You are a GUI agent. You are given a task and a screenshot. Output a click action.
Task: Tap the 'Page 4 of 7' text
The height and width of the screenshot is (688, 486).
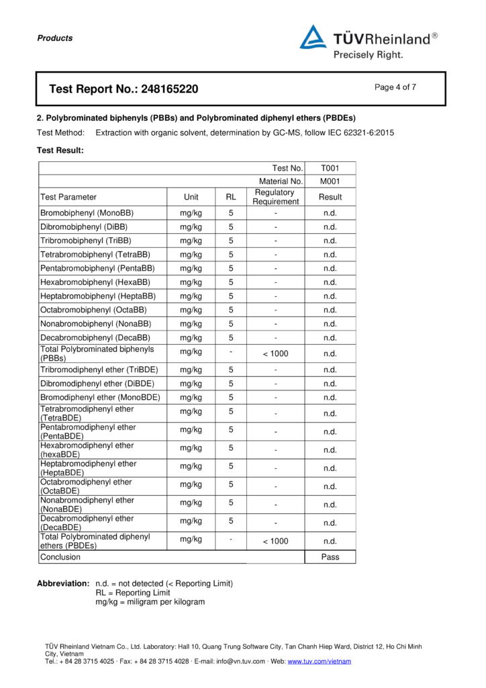point(395,87)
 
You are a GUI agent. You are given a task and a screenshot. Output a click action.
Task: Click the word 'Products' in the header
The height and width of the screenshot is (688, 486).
point(55,38)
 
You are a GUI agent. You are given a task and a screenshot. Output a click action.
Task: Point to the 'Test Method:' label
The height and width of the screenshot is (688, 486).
point(60,133)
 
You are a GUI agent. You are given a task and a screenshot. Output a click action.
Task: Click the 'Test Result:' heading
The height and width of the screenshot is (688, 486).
point(60,150)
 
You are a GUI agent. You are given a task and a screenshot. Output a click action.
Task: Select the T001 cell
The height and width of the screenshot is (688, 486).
point(330,169)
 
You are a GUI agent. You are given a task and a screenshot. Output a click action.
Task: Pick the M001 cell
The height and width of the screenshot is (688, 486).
point(330,181)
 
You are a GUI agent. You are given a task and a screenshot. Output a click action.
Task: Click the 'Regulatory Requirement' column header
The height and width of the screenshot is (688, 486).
point(275,197)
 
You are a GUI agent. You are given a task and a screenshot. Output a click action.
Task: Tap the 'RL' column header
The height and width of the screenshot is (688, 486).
point(231,197)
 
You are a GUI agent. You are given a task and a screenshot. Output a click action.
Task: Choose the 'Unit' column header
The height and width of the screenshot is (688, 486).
point(191,197)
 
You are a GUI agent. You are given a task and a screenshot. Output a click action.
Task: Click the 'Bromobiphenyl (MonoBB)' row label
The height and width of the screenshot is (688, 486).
point(87,213)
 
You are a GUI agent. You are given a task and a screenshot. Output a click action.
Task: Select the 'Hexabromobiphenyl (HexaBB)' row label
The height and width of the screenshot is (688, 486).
point(95,282)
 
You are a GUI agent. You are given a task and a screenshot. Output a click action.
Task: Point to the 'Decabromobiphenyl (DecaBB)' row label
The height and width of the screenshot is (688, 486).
point(95,338)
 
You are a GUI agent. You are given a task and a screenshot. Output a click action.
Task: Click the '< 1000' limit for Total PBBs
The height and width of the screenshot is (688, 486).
point(275,353)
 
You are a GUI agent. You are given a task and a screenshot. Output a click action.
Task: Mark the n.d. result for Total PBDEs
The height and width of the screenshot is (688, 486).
point(330,541)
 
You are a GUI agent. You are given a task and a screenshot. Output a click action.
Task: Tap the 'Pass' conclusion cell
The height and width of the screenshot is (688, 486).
point(330,557)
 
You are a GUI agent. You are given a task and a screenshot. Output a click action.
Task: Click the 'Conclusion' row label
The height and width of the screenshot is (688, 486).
point(60,557)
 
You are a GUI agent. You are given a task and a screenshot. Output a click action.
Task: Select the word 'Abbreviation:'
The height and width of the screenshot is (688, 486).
point(63,583)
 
